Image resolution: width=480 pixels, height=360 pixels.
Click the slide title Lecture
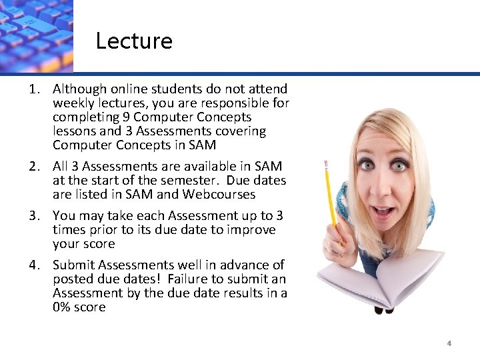coord(134,41)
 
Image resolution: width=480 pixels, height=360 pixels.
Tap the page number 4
coord(449,343)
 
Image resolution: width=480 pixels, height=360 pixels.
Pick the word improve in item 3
coord(252,229)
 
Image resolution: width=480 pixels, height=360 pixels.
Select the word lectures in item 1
coord(125,103)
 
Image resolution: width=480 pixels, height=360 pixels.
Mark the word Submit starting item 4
coord(74,265)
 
